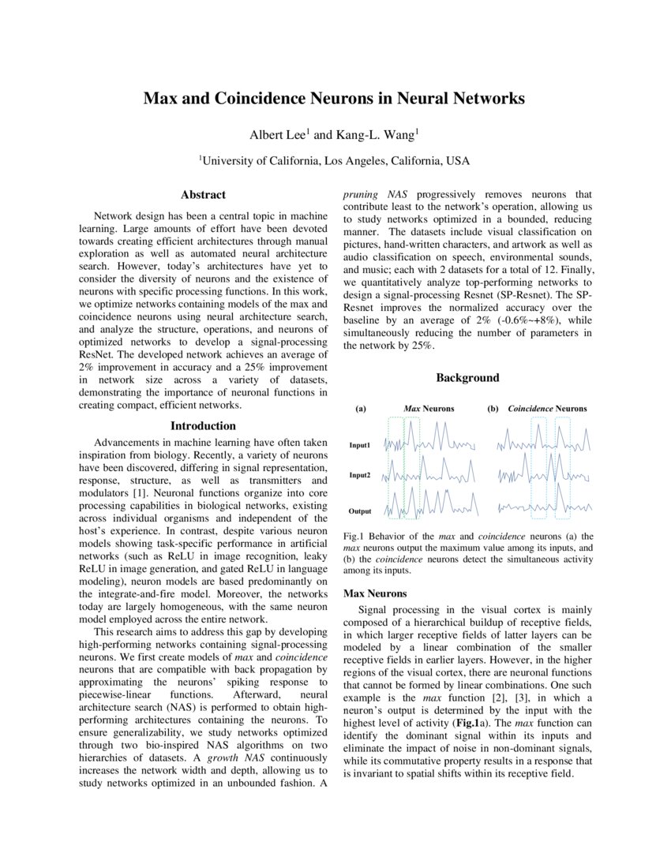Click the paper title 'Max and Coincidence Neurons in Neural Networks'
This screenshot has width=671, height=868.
(x=334, y=99)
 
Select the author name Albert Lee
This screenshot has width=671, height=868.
(x=278, y=134)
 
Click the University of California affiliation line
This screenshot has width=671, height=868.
(x=334, y=160)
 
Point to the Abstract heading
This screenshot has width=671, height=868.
(x=203, y=195)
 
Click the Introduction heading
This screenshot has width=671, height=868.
(x=203, y=426)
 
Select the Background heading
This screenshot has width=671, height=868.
(x=467, y=378)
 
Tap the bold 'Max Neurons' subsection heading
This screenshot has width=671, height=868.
(x=375, y=593)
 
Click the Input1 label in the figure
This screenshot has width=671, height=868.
(x=360, y=446)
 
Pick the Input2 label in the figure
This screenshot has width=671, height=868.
(x=360, y=476)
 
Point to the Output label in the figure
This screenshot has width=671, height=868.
(x=360, y=511)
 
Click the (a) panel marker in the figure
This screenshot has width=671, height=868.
(x=361, y=409)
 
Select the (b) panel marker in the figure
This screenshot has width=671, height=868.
(x=493, y=409)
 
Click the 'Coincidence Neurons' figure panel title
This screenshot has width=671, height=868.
(x=547, y=409)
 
